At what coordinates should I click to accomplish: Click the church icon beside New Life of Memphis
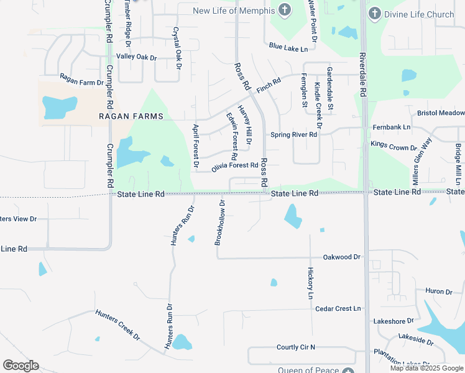(x=285, y=10)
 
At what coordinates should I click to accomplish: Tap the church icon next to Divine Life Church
(x=374, y=13)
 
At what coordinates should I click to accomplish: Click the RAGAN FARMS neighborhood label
(x=131, y=116)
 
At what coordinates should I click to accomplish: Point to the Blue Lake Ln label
(x=288, y=47)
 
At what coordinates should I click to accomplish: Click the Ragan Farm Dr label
(x=81, y=79)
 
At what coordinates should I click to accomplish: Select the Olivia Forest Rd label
(x=234, y=166)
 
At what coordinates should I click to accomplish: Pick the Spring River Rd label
(x=294, y=134)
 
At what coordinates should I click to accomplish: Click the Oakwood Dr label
(x=341, y=257)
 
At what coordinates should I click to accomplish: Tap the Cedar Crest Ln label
(x=338, y=308)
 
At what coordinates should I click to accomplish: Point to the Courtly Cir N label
(x=296, y=347)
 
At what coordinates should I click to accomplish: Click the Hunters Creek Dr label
(x=118, y=325)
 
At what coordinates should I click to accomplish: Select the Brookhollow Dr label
(x=219, y=223)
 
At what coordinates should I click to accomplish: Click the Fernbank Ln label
(x=392, y=127)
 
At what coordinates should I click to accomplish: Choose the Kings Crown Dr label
(x=394, y=145)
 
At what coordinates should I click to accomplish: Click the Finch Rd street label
(x=269, y=86)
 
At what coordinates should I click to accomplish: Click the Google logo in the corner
(x=21, y=366)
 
